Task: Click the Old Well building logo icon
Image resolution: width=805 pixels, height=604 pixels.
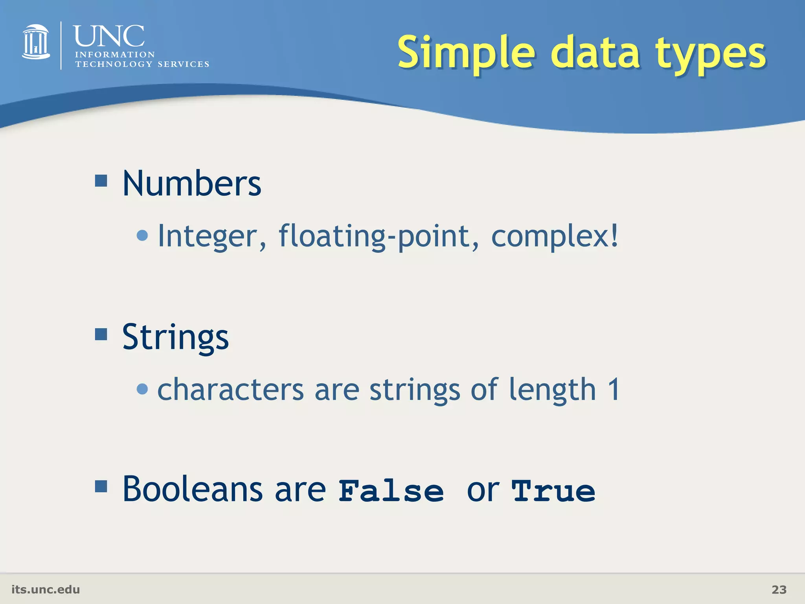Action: tap(36, 42)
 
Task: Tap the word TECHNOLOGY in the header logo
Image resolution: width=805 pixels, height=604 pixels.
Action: tap(114, 64)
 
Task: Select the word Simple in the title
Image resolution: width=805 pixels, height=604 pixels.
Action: tap(466, 53)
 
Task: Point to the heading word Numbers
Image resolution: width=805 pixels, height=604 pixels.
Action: tap(191, 184)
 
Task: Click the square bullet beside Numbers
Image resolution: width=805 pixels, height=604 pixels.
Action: tap(101, 181)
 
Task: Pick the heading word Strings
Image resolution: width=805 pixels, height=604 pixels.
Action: tap(175, 337)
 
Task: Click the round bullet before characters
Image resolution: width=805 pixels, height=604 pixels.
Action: tap(142, 389)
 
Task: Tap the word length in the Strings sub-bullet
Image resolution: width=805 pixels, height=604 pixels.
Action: tap(552, 390)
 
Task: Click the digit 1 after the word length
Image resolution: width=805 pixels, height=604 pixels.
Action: tap(614, 389)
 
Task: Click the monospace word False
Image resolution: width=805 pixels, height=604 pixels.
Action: tap(391, 491)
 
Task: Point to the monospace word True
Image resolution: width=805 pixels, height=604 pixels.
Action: tap(553, 491)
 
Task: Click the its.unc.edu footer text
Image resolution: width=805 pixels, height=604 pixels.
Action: tap(46, 589)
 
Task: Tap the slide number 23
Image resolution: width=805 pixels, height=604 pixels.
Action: tap(779, 589)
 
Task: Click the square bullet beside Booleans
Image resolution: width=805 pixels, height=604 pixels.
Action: tap(101, 486)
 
